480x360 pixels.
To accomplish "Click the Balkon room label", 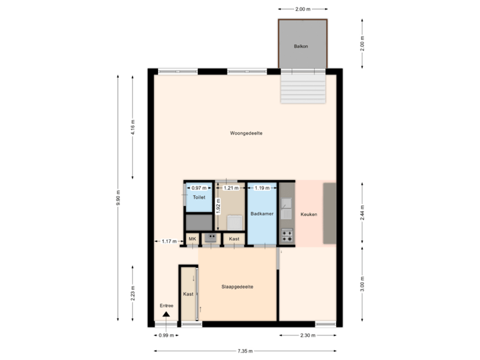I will pos(301,47).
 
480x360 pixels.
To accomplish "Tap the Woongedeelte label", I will pos(246,133).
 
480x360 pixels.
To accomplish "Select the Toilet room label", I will pos(198,199).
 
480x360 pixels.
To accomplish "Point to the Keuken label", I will pos(309,214).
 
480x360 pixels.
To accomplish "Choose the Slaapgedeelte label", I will pos(237,287).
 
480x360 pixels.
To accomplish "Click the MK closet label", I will pos(192,239).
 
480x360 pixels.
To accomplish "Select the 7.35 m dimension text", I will pos(245,351).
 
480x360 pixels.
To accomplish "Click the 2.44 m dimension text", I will pos(362,212).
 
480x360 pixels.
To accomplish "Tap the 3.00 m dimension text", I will pos(362,283).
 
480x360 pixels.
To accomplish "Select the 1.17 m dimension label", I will pos(169,241).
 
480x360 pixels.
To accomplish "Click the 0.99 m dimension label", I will pos(166,335).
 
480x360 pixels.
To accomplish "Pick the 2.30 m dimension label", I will pos(307,335).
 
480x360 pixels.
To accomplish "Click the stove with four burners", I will pos(287,235).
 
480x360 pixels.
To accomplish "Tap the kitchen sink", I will pos(287,213).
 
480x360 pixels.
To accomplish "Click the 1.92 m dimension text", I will pos(218,209).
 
